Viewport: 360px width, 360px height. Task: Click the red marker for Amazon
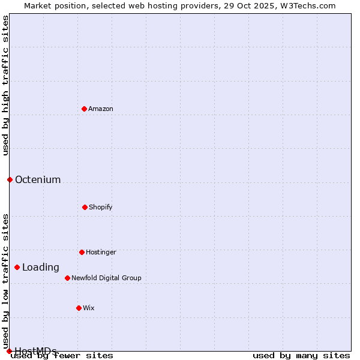point(84,109)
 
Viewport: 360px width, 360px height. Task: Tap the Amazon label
point(101,109)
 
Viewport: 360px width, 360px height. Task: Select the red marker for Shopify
point(85,207)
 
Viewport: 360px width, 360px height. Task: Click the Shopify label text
point(101,207)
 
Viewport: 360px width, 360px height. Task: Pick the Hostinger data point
point(82,252)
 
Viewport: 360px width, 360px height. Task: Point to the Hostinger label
point(101,252)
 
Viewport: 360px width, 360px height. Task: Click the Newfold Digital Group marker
point(67,278)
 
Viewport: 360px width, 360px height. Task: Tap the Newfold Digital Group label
point(106,278)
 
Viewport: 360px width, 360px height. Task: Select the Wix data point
point(79,308)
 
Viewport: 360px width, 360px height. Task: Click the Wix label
point(89,308)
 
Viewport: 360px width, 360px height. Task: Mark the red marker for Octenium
point(10,179)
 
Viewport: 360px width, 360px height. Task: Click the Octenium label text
point(38,179)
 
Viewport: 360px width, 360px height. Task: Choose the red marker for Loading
point(17,267)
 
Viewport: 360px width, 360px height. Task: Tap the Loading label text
point(41,268)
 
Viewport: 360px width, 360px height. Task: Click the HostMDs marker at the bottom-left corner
point(9,351)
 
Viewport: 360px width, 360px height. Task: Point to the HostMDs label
point(36,351)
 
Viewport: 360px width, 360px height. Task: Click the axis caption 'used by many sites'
point(301,355)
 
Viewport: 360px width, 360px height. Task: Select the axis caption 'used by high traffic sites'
point(5,85)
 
